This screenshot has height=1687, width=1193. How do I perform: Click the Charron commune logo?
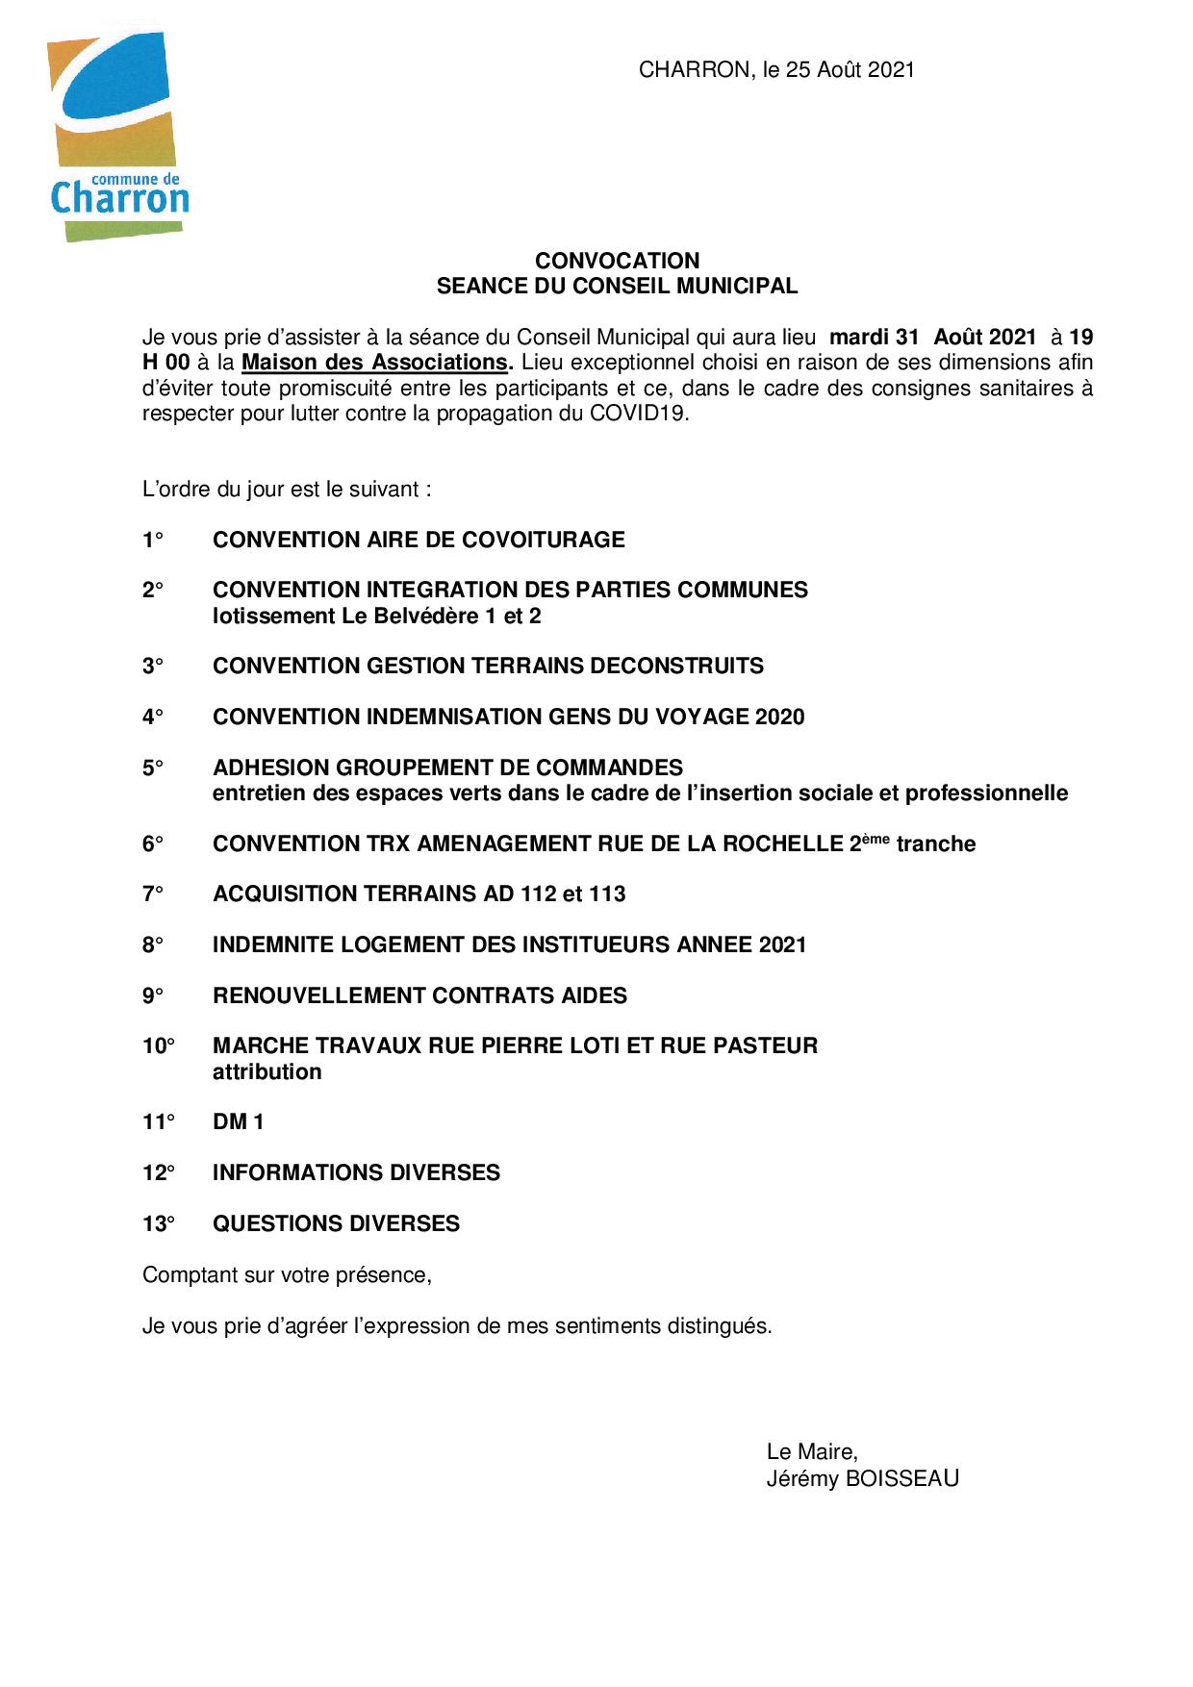tap(117, 137)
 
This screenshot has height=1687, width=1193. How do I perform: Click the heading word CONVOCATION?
tap(617, 261)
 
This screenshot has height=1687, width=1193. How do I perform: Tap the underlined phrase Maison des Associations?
tap(374, 363)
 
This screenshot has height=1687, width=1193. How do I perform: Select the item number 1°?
tap(153, 541)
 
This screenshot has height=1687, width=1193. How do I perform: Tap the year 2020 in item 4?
tap(779, 718)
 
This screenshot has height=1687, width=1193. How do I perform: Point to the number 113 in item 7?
tap(607, 894)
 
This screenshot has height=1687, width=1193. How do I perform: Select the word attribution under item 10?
tap(267, 1072)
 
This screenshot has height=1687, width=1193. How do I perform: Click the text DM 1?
tap(238, 1122)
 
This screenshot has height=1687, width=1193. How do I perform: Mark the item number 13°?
tap(159, 1224)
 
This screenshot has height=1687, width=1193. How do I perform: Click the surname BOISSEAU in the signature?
tap(901, 1479)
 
